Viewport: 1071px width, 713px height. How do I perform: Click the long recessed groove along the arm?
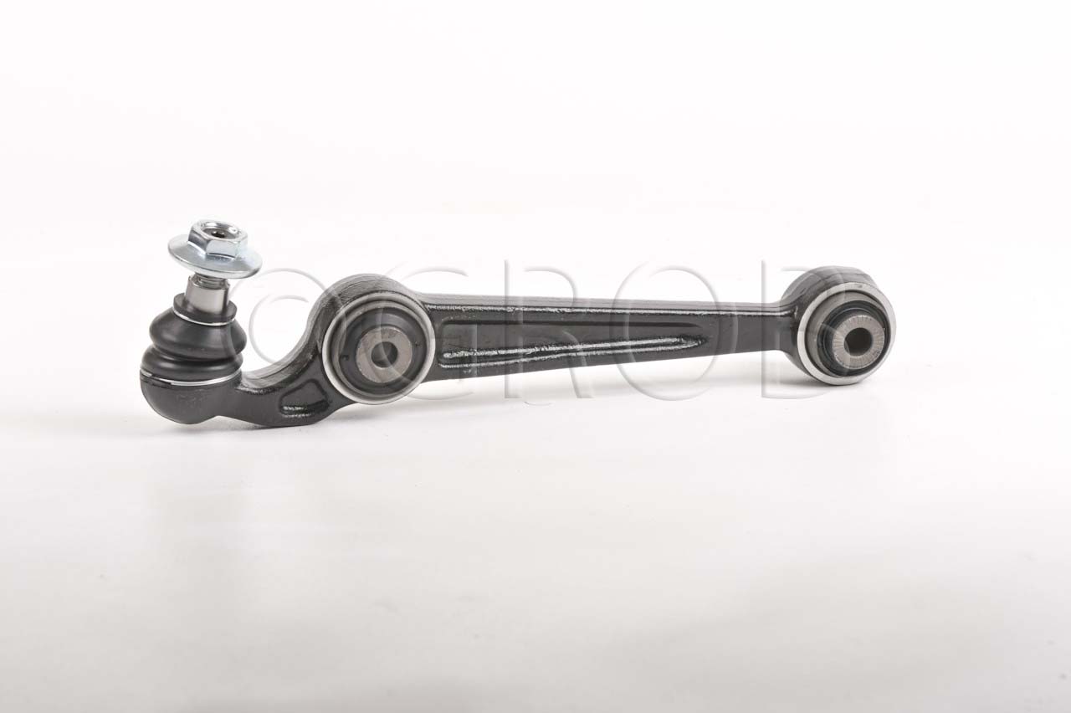point(569,345)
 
